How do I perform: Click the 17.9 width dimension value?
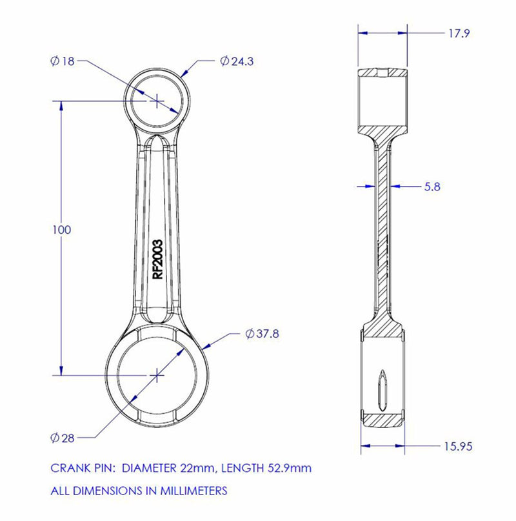click(x=459, y=34)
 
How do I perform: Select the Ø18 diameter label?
click(x=63, y=61)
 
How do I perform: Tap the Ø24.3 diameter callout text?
click(x=237, y=61)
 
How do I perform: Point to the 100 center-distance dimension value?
click(x=62, y=230)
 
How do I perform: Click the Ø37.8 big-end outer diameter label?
click(x=263, y=334)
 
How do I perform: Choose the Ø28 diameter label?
click(x=63, y=438)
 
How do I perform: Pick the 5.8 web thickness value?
click(x=432, y=187)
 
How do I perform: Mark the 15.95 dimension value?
click(x=458, y=446)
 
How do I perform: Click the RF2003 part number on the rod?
click(x=157, y=260)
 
